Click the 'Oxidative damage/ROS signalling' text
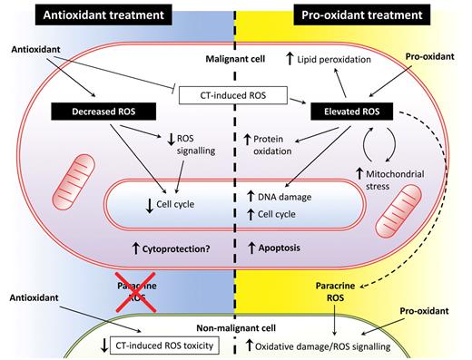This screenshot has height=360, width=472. (339, 345)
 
